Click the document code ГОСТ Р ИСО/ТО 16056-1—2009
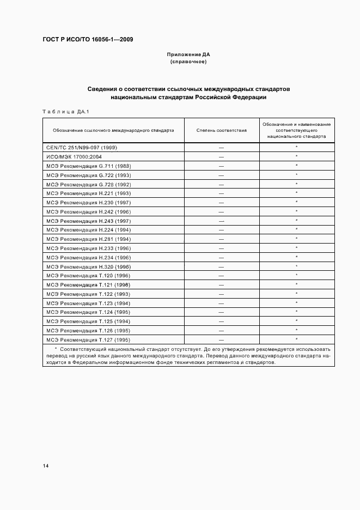coord(88,40)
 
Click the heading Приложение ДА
coord(188,54)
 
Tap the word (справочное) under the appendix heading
coord(188,62)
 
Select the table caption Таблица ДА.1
coord(65,112)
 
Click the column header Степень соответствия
coord(221,131)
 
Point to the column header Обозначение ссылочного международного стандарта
coord(113,131)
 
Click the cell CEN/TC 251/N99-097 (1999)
coord(82,147)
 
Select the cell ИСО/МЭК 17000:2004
coord(78,156)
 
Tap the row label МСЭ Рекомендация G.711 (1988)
coord(89,166)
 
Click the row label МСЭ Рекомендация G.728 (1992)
coord(89,184)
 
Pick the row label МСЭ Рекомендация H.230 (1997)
coord(89,202)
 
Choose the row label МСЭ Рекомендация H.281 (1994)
coord(89,239)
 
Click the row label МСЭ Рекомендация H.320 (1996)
coord(89,266)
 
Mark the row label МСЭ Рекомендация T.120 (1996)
coord(89,276)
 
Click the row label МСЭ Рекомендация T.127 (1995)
coord(89,339)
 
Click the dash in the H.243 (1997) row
coord(221,221)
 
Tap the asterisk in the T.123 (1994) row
coord(296,303)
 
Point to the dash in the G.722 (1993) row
coord(221,175)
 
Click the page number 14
coord(46,466)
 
